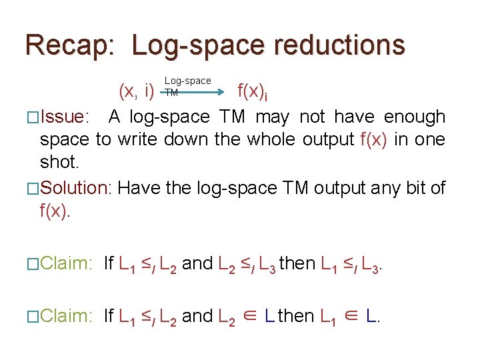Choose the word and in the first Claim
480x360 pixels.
click(197, 264)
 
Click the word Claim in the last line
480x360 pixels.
click(65, 315)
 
